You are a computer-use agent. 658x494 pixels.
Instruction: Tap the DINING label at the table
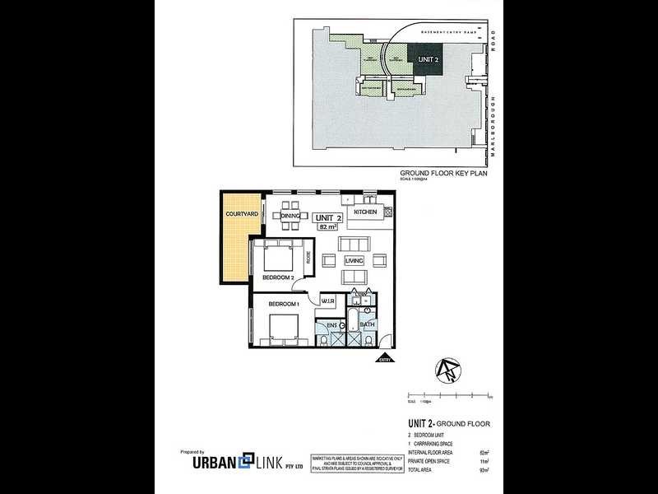click(290, 216)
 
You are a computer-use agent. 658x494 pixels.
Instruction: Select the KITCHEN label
click(365, 212)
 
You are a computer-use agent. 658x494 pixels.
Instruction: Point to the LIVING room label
click(354, 260)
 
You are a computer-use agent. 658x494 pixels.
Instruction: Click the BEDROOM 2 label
click(278, 278)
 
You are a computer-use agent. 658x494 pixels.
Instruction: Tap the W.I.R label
click(327, 301)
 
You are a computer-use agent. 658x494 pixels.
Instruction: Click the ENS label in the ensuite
click(332, 326)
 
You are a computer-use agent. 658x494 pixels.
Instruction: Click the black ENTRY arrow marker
click(383, 358)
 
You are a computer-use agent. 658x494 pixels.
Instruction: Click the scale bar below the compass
click(448, 397)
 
